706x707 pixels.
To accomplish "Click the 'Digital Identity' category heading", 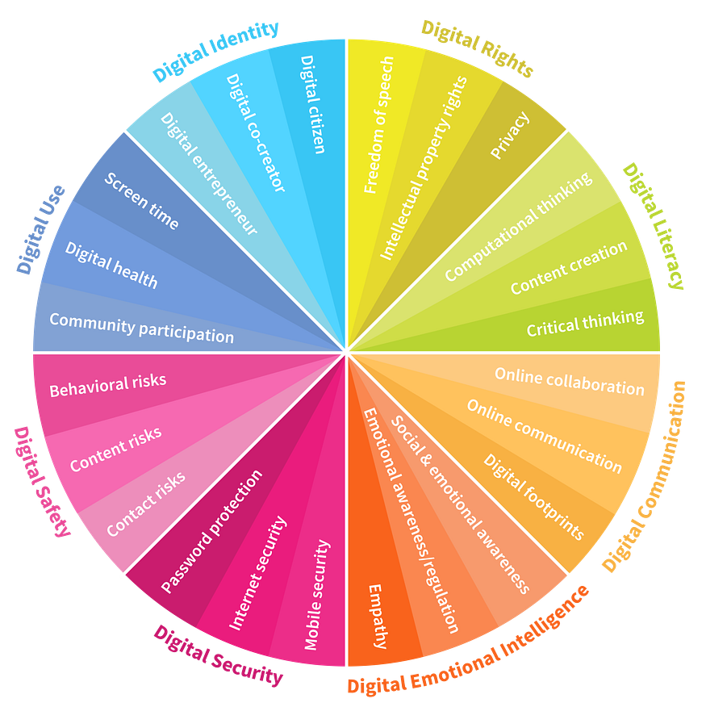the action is point(215,51).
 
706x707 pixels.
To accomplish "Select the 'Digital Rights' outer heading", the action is point(478,48).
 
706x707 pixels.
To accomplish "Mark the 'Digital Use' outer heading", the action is point(40,229).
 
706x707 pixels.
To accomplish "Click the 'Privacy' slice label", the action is point(510,136).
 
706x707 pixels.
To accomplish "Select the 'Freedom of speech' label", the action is point(378,125).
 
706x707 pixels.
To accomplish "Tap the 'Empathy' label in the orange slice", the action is point(378,617).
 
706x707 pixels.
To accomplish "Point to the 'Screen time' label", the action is point(141,201).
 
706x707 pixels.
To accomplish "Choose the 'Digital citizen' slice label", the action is point(313,105).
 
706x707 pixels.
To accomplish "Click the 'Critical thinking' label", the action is point(585,324).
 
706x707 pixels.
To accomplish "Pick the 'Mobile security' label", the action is point(317,595).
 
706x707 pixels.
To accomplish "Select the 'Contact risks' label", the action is point(145,504).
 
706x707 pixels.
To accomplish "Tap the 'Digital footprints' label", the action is point(534,496).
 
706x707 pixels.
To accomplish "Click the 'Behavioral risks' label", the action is point(108,385).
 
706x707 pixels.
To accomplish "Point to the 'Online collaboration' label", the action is point(570,382).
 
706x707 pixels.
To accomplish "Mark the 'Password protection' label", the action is point(211,531).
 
